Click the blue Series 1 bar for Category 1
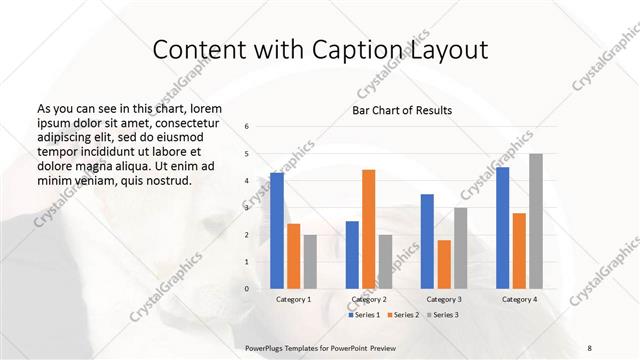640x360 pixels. point(277,231)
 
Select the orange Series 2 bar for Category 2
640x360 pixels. point(368,229)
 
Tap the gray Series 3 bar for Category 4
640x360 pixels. point(536,221)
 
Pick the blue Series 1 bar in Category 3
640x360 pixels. point(427,241)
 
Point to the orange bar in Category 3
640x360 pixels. point(444,264)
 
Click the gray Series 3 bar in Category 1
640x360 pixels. point(310,262)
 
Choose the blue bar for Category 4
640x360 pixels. point(503,228)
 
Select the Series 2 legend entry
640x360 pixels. point(405,315)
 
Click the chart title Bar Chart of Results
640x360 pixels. point(402,110)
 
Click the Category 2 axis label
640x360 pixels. point(369,299)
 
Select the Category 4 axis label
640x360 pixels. point(519,299)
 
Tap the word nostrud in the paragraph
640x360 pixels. point(165,180)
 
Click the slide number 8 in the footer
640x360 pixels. point(589,347)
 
